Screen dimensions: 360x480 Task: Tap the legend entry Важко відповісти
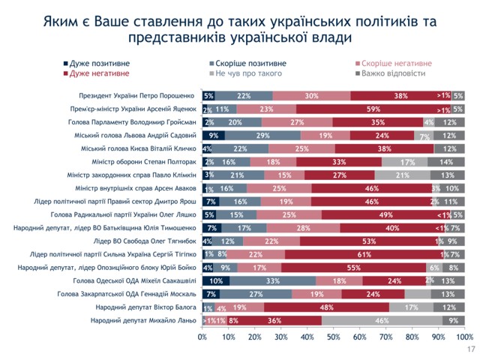coord(393,73)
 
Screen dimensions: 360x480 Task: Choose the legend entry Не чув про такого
coord(247,73)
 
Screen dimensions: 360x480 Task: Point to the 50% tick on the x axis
coord(333,337)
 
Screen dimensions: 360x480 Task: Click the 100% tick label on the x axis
coord(463,337)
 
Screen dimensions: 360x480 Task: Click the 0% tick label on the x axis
coord(202,337)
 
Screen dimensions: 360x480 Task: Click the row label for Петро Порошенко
coord(137,96)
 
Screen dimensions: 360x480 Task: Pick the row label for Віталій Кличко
coord(139,148)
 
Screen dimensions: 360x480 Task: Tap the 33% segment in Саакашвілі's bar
coord(271,280)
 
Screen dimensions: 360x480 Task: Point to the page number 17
coord(471,350)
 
